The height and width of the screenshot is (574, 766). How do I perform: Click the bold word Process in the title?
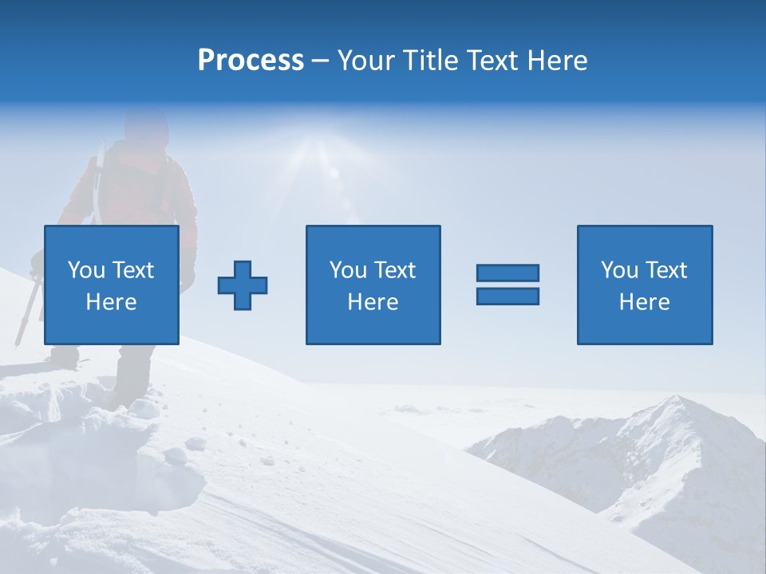[x=251, y=61]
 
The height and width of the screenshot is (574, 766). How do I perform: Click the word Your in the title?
[x=365, y=61]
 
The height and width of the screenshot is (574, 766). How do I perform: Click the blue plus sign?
[x=243, y=285]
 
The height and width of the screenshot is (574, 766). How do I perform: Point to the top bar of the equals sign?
[x=507, y=273]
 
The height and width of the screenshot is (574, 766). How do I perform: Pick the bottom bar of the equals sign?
[x=507, y=296]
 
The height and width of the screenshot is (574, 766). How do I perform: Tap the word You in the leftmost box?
[x=86, y=270]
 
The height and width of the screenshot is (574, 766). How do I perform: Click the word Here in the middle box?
[x=373, y=302]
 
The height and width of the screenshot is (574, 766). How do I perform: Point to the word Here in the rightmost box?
[x=644, y=302]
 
